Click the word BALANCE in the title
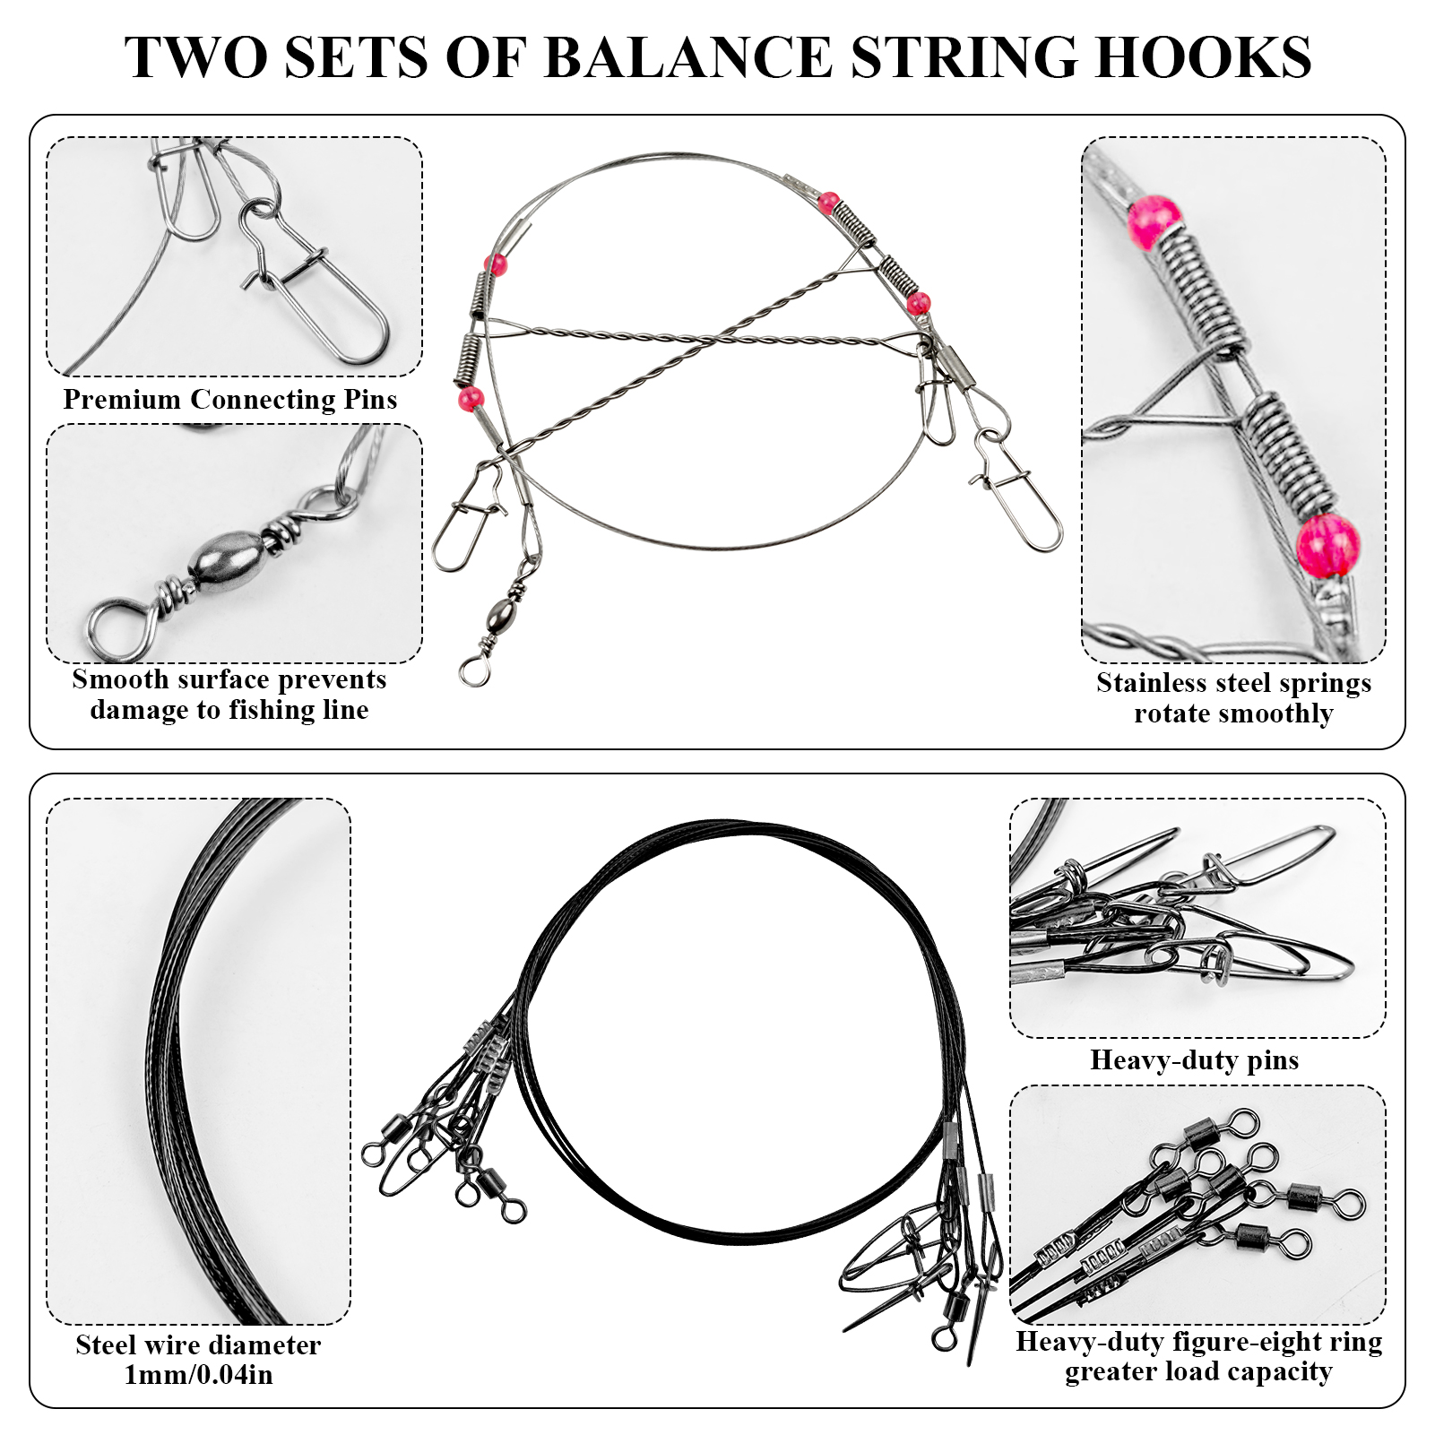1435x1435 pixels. click(687, 58)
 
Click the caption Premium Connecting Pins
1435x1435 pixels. click(229, 400)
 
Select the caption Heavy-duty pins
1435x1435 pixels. click(1194, 1060)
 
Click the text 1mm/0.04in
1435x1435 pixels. click(198, 1375)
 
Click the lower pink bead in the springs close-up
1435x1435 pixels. click(1327, 544)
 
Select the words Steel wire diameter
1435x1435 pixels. click(198, 1345)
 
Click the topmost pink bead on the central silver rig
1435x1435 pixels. click(829, 203)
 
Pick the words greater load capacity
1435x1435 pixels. click(1198, 1372)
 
